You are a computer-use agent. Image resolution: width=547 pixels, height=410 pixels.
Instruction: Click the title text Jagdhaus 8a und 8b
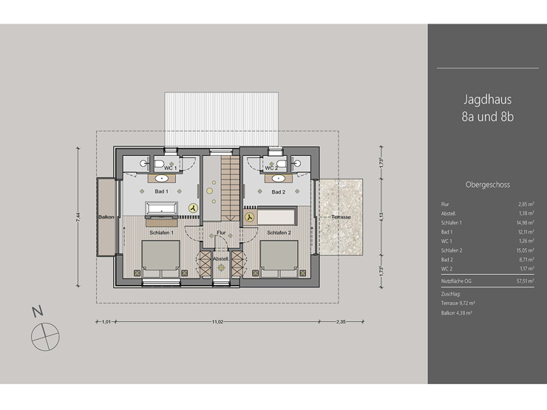click(x=487, y=107)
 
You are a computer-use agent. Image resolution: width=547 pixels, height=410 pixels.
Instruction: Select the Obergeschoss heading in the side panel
click(x=488, y=185)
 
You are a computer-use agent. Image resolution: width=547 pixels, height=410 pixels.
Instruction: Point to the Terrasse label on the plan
click(x=341, y=217)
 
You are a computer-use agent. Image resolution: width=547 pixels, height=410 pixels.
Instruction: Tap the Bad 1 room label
click(x=161, y=191)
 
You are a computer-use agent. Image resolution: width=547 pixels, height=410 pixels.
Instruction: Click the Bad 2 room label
click(x=278, y=191)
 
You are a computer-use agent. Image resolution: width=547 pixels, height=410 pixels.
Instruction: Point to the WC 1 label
click(x=171, y=168)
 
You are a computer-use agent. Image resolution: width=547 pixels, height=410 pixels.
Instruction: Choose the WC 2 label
click(x=271, y=168)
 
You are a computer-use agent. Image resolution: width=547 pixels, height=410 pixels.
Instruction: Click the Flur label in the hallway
click(x=220, y=233)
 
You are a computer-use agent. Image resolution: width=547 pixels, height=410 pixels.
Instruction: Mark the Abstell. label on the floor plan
click(x=220, y=259)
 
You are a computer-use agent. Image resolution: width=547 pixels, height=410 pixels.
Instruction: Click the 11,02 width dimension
click(x=217, y=322)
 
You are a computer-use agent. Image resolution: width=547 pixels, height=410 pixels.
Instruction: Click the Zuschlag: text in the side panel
click(x=451, y=293)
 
